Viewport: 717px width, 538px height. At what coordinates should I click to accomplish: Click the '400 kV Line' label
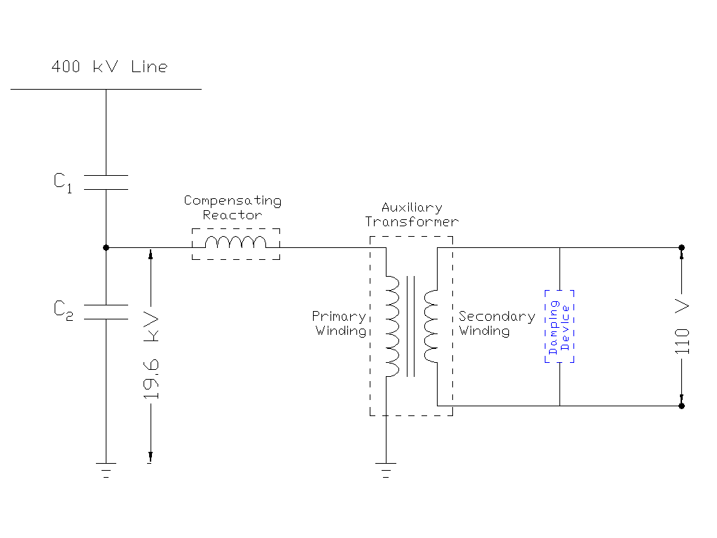[109, 67]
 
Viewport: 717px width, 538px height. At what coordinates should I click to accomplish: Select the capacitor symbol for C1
[106, 182]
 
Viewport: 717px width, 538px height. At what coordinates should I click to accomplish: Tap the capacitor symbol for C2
[106, 312]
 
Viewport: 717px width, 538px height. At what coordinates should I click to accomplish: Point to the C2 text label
[63, 310]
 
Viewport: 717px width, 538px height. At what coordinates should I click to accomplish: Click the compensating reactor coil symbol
[236, 243]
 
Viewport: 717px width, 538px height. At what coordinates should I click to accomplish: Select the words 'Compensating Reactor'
[232, 208]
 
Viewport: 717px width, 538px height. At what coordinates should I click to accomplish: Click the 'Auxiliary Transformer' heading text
[412, 214]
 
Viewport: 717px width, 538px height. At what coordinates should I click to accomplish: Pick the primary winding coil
[392, 325]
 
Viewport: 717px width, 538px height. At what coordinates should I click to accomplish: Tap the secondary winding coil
[430, 325]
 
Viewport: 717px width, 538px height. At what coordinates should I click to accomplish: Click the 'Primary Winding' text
[340, 324]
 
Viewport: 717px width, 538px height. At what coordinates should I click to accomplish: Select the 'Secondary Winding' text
[496, 324]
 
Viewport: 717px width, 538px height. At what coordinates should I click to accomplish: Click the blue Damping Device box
[559, 326]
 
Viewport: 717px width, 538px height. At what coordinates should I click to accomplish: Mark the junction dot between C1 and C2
[106, 247]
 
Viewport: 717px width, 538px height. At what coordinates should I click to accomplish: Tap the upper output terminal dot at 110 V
[681, 247]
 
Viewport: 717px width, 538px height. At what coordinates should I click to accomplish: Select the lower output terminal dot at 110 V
[681, 406]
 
